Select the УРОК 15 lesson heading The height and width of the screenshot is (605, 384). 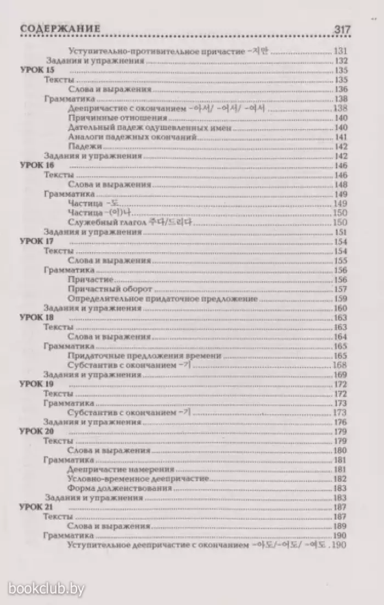37,70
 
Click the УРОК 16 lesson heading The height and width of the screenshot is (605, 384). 37,165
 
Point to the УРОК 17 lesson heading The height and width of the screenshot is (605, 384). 37,242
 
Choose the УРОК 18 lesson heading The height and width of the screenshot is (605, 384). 37,318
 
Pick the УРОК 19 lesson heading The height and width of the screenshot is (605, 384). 37,384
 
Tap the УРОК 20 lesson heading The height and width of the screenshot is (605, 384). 37,432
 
